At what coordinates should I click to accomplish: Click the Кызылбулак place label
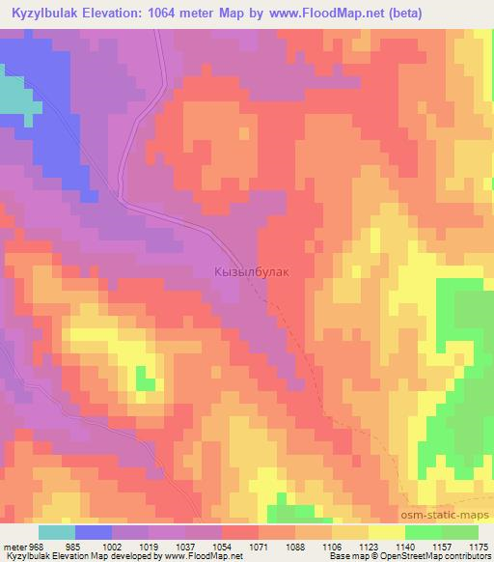click(x=250, y=273)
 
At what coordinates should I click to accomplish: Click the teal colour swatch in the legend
click(x=57, y=532)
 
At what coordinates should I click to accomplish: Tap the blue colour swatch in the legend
click(x=94, y=532)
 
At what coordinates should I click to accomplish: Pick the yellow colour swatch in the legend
click(x=387, y=532)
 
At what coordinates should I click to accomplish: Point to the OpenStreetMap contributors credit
click(x=444, y=556)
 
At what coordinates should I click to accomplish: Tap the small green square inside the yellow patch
click(x=146, y=379)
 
